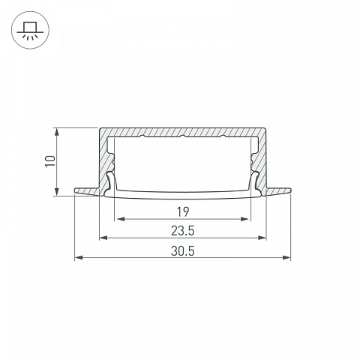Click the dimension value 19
pyautogui.click(x=183, y=212)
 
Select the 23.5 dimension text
pyautogui.click(x=183, y=231)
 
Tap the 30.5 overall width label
pyautogui.click(x=183, y=251)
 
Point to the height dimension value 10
pyautogui.click(x=50, y=161)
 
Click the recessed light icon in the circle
pyautogui.click(x=30, y=30)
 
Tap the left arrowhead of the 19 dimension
pyautogui.click(x=121, y=219)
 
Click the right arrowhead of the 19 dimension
pyautogui.click(x=244, y=219)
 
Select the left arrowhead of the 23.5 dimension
pyautogui.click(x=103, y=238)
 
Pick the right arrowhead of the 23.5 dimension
pyautogui.click(x=262, y=238)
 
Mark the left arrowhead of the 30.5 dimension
pyautogui.click(x=79, y=257)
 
